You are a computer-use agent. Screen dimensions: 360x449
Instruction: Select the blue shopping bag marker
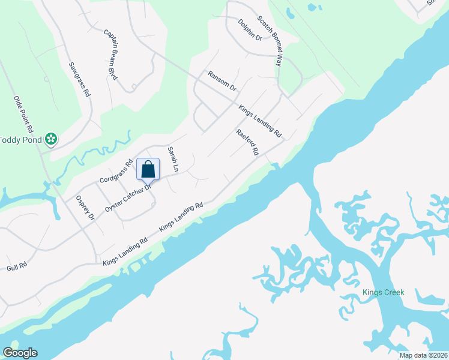148,170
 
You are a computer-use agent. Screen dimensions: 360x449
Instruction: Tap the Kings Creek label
383,292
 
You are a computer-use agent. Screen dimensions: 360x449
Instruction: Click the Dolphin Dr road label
250,29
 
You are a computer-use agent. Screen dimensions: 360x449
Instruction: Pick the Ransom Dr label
222,81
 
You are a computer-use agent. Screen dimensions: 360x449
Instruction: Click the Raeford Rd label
247,143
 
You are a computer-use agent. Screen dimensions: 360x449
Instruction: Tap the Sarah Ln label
173,160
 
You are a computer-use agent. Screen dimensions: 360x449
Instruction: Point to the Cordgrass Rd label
115,172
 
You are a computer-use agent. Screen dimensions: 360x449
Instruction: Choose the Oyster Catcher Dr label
127,197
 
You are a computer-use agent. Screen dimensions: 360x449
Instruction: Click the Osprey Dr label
84,208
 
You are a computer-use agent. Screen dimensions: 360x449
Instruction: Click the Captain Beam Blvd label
110,47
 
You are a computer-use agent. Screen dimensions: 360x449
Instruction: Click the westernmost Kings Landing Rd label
125,251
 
